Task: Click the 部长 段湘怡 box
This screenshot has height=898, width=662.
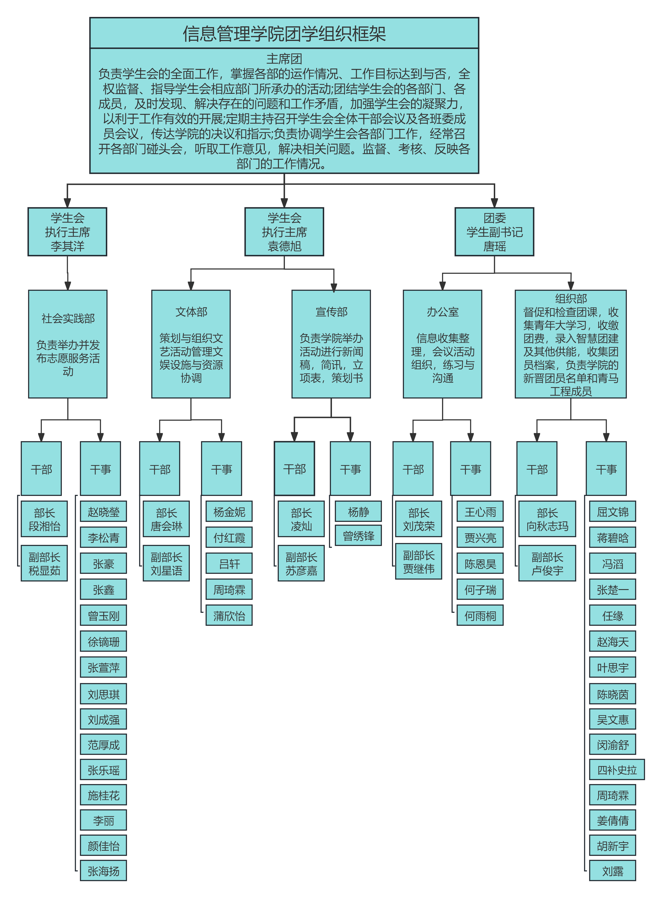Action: tap(44, 519)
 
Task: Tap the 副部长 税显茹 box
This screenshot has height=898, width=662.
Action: tap(44, 563)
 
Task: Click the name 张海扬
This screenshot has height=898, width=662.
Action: tap(103, 871)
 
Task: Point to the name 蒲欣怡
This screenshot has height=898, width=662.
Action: tap(229, 615)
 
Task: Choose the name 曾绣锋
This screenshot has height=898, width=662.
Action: tap(358, 536)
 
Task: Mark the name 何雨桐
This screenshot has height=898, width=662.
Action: tap(480, 615)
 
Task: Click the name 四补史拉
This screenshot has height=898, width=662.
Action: tap(617, 770)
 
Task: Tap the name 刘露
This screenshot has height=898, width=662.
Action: tap(612, 871)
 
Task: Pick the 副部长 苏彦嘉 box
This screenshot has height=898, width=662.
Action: tap(301, 563)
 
